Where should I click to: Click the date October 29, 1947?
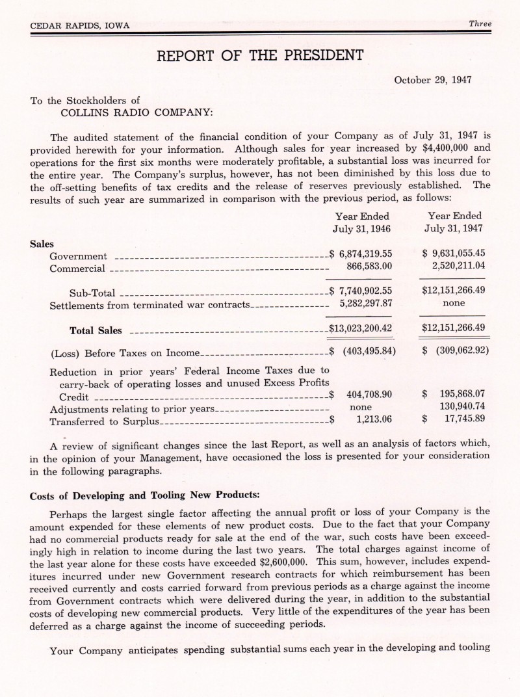[433, 81]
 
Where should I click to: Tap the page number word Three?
[480, 24]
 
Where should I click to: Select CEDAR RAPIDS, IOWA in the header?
[80, 25]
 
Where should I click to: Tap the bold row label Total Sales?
[96, 330]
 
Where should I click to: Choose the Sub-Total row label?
[92, 293]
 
